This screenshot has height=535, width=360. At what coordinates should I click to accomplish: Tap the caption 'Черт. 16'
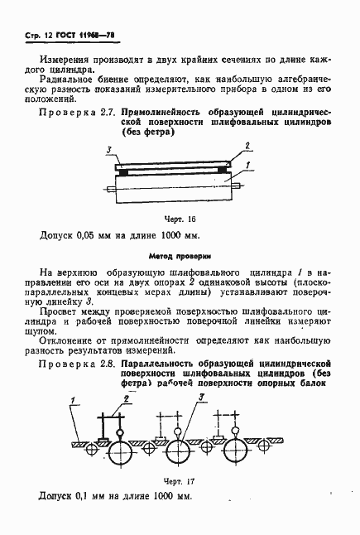(x=179, y=219)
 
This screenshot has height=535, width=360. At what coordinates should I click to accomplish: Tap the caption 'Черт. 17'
(x=180, y=480)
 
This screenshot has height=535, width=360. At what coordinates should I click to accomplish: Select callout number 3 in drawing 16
(x=108, y=149)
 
